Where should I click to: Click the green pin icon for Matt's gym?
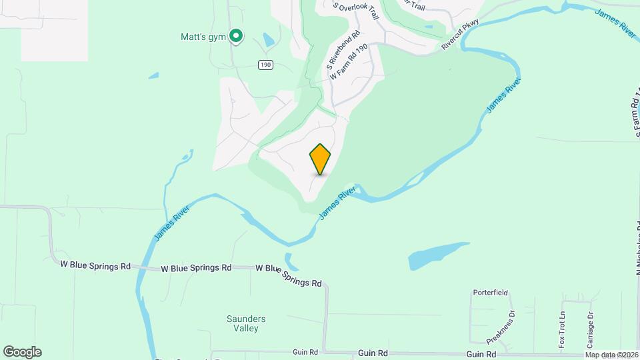click(235, 36)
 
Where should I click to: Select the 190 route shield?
click(266, 64)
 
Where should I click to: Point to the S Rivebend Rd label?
click(343, 51)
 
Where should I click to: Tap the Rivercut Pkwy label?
click(460, 40)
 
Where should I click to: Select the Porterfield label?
click(491, 293)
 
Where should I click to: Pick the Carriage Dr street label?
click(590, 329)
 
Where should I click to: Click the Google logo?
click(22, 352)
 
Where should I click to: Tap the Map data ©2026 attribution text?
click(610, 355)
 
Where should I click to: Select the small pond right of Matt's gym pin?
click(267, 41)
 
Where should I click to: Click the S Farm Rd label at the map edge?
click(634, 117)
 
